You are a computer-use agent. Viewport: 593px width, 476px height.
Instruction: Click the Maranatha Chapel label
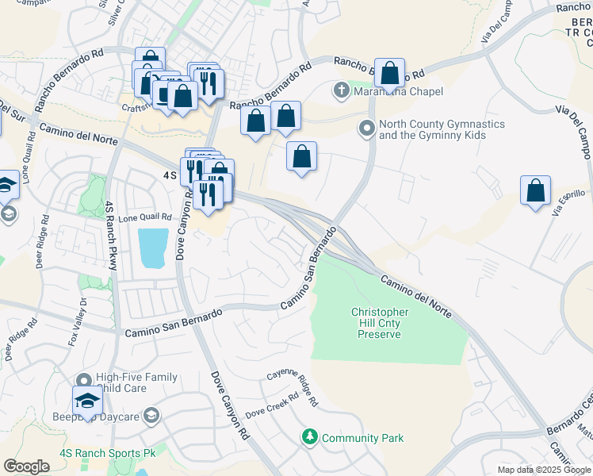(x=398, y=91)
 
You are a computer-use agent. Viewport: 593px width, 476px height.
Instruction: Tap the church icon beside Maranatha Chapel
(x=342, y=91)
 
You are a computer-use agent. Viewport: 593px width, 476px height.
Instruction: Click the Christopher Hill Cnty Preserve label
(x=381, y=323)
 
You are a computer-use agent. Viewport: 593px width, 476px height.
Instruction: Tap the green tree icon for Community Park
(x=310, y=437)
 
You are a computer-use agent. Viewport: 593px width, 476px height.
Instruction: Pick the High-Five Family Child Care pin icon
(x=84, y=380)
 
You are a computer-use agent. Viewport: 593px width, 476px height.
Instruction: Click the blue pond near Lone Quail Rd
(x=153, y=247)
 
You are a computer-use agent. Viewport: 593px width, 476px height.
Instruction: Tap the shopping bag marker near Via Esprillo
(x=536, y=191)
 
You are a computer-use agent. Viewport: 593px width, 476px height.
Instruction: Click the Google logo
(x=27, y=466)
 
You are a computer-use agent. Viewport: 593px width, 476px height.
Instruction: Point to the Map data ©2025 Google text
(x=544, y=470)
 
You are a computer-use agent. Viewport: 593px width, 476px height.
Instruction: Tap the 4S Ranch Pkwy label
(x=110, y=236)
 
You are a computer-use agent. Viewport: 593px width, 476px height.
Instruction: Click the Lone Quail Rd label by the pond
(x=145, y=217)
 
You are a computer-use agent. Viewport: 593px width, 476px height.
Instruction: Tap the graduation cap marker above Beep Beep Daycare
(x=88, y=400)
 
